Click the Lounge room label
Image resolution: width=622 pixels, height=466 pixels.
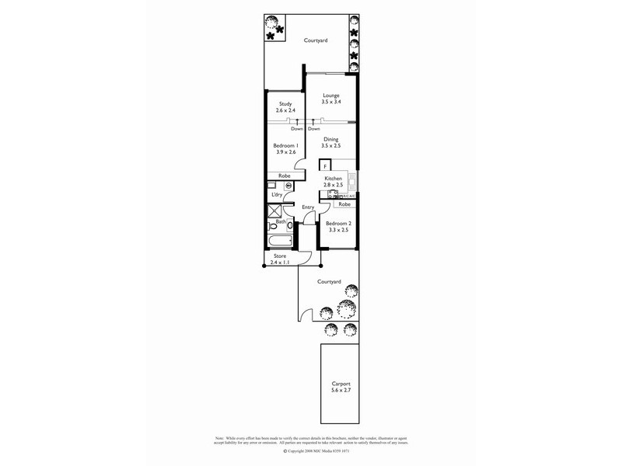coord(331,96)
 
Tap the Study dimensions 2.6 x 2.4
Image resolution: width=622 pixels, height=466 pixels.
coord(285,112)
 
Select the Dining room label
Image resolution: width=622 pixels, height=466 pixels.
coord(331,139)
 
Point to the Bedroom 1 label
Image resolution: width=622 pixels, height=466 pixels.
coord(285,145)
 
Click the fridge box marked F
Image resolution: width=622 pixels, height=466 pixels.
coord(325,165)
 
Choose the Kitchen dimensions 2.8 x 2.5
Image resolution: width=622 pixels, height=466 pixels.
coord(333,186)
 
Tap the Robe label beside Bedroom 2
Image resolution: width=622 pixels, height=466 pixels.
coord(344,203)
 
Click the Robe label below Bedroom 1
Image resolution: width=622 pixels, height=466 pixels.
coord(285,176)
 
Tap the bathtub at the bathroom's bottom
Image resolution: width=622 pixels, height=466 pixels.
coord(278,241)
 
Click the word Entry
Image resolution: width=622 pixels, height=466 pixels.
coord(308,207)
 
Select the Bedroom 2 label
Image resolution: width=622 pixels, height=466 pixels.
coord(339,223)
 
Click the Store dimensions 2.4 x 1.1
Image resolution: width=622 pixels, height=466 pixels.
coord(279,263)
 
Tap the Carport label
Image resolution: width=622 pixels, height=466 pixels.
coord(341,384)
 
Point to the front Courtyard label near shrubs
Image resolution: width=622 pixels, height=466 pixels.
coord(330,281)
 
